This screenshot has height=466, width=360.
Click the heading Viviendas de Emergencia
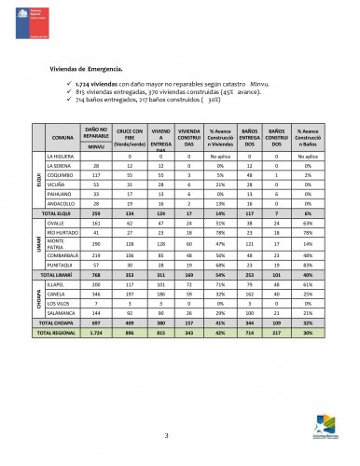click(92, 70)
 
